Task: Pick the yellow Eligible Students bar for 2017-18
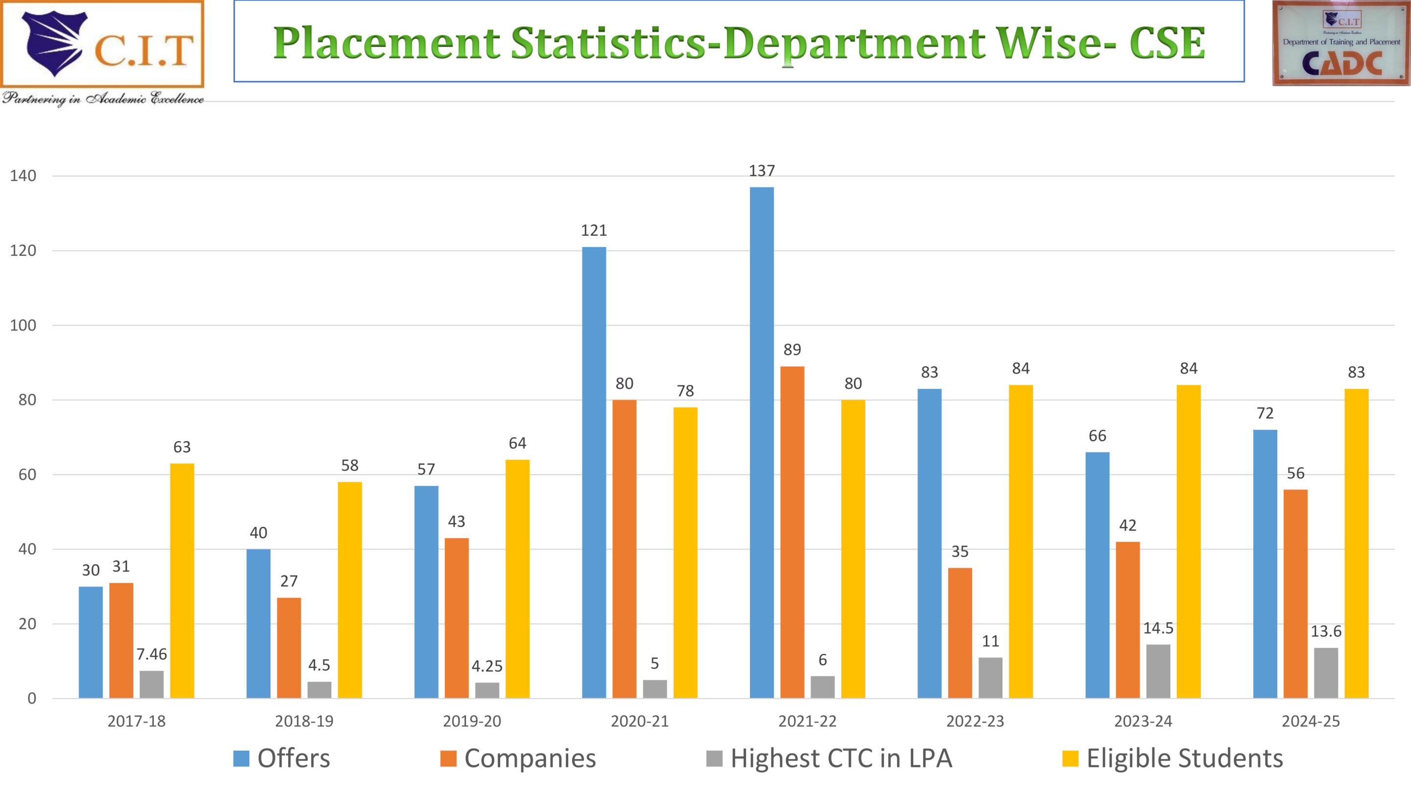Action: pos(182,580)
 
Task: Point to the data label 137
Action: pos(761,171)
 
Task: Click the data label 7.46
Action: pos(151,654)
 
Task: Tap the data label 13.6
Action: pos(1326,631)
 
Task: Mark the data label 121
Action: pos(594,230)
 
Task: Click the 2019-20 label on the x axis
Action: pos(472,721)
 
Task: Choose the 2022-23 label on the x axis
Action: pos(975,721)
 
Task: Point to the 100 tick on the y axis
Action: pos(23,325)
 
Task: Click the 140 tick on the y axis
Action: pos(23,176)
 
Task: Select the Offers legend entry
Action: pos(282,758)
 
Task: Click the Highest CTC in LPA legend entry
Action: pos(829,758)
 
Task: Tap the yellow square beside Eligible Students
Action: pos(1070,759)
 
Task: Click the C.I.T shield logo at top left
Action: pos(54,43)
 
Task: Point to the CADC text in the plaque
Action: pos(1341,64)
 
